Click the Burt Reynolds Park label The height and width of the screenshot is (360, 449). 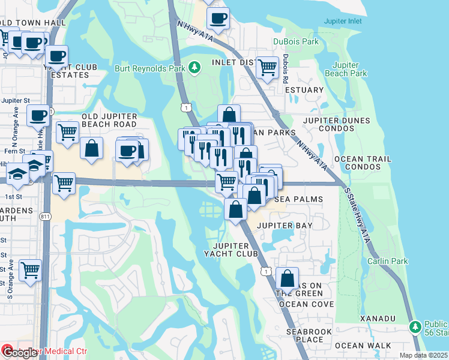150,68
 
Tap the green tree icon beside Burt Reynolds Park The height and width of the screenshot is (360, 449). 194,68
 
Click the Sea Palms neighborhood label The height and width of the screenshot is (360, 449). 299,199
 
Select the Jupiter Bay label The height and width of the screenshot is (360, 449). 285,225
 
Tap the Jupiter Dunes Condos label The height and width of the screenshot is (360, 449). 338,124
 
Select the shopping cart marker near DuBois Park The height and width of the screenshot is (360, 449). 267,67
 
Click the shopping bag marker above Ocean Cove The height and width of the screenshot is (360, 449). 288,279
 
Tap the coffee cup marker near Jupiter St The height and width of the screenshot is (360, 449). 39,115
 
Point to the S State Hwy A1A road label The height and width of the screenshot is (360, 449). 358,204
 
